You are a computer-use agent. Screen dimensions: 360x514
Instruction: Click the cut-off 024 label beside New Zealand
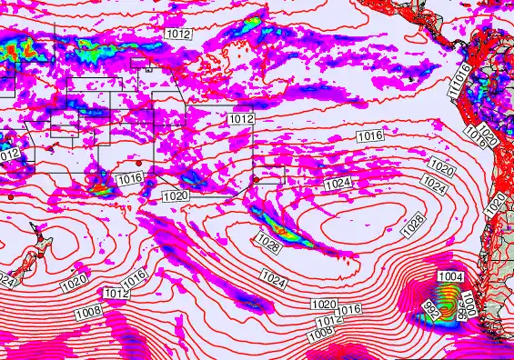tap(7, 281)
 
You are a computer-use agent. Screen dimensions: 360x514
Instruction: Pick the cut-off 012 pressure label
tap(8, 155)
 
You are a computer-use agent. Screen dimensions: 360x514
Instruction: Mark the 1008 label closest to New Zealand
tap(88, 312)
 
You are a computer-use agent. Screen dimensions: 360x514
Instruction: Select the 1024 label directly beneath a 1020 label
tap(435, 187)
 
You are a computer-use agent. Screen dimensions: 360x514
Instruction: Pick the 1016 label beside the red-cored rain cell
tap(129, 179)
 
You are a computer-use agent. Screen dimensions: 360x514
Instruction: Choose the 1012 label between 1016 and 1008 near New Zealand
tap(116, 294)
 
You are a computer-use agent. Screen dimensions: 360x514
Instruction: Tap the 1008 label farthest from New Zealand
tap(320, 334)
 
